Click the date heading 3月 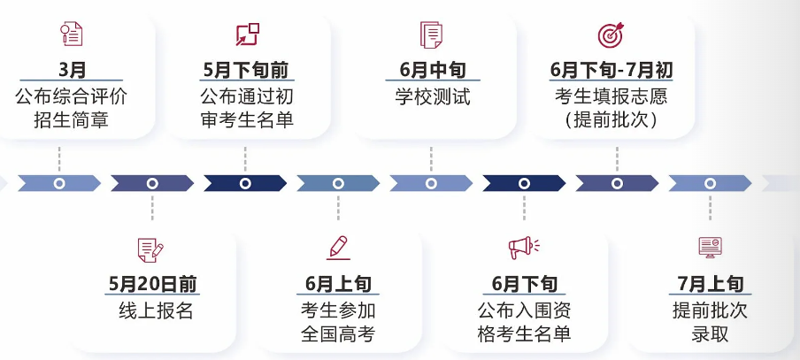click(72, 70)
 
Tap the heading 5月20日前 click(152, 284)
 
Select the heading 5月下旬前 click(245, 70)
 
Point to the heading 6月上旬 click(338, 284)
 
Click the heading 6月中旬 click(432, 70)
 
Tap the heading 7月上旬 click(711, 284)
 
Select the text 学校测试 click(432, 96)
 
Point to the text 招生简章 click(72, 119)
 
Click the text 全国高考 click(338, 334)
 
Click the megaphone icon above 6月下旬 click(524, 248)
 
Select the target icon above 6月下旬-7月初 click(611, 34)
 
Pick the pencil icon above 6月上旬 click(338, 248)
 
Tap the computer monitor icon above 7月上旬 click(711, 248)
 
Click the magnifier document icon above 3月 click(72, 34)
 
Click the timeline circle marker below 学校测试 click(431, 183)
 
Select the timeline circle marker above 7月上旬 click(710, 183)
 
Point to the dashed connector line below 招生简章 click(59, 159)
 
